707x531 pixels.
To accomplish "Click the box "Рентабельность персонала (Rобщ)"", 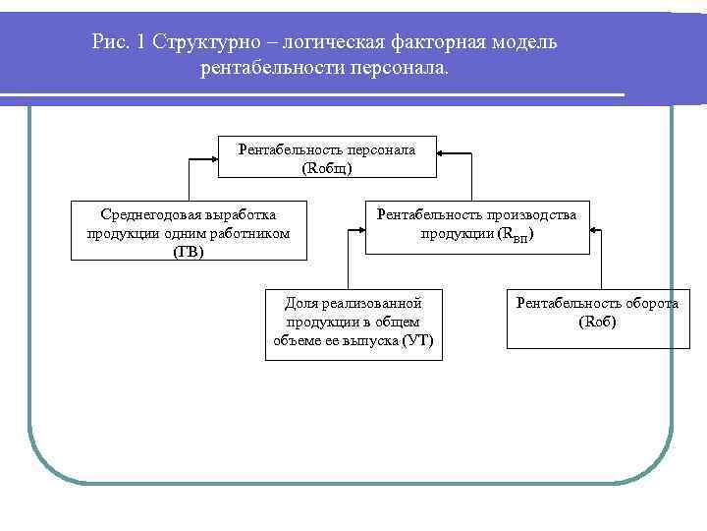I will pyautogui.click(x=327, y=157).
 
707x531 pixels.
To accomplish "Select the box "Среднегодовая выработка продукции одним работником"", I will pyautogui.click(x=189, y=231).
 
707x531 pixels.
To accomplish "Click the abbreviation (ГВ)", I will pyautogui.click(x=189, y=251).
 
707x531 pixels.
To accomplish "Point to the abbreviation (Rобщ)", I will pyautogui.click(x=327, y=167).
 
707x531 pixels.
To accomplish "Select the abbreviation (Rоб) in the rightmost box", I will pyautogui.click(x=598, y=321).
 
